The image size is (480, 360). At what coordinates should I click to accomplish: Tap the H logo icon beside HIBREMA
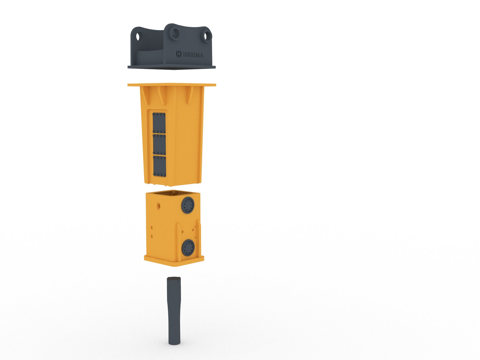179,54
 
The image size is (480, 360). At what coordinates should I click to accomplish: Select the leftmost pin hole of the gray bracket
138,37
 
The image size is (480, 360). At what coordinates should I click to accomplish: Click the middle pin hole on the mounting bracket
175,33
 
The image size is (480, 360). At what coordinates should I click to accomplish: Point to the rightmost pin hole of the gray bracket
208,36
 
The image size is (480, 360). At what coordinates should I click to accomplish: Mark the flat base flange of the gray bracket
172,67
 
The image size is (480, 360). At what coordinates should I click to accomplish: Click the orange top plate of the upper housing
172,85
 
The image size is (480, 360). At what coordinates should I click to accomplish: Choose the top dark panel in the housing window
159,123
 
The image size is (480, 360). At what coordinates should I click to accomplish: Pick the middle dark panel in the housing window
159,144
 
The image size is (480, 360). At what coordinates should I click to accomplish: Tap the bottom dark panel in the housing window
160,166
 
